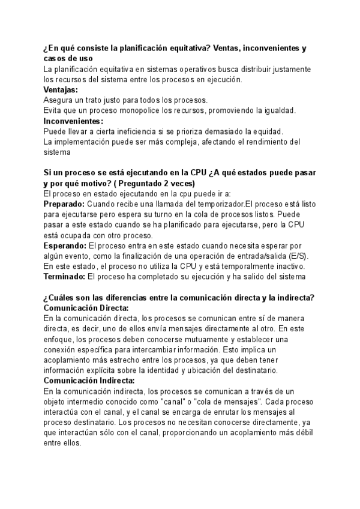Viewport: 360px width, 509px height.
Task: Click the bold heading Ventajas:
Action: [x=61, y=89]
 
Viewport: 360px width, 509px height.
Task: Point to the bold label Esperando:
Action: [x=65, y=245]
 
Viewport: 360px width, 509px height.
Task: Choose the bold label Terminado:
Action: [x=65, y=277]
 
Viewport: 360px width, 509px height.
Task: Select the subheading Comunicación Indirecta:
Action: [x=89, y=381]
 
